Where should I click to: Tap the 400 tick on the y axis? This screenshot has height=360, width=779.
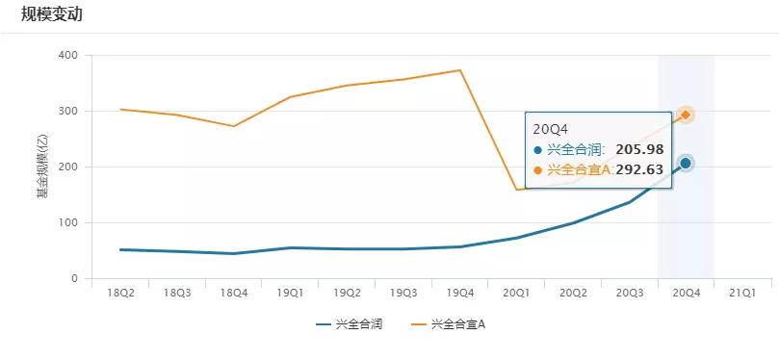(x=68, y=56)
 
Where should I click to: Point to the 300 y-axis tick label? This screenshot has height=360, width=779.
(x=68, y=112)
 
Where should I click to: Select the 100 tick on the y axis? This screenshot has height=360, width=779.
(x=68, y=223)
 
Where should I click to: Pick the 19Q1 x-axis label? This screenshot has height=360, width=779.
(x=290, y=293)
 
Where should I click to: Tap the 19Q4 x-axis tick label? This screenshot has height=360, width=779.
(x=460, y=293)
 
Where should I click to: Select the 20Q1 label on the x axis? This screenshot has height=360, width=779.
(x=516, y=293)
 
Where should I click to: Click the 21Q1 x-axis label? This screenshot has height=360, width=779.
(x=742, y=293)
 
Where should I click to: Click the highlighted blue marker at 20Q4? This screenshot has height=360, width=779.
(x=686, y=164)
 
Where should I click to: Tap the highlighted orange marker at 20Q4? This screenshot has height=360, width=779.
(x=686, y=115)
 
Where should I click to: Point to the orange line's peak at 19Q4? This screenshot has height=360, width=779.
(x=460, y=70)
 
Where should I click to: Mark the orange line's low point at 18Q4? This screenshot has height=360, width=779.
(x=233, y=126)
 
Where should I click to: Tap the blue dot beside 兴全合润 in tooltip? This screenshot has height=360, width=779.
(x=537, y=150)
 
